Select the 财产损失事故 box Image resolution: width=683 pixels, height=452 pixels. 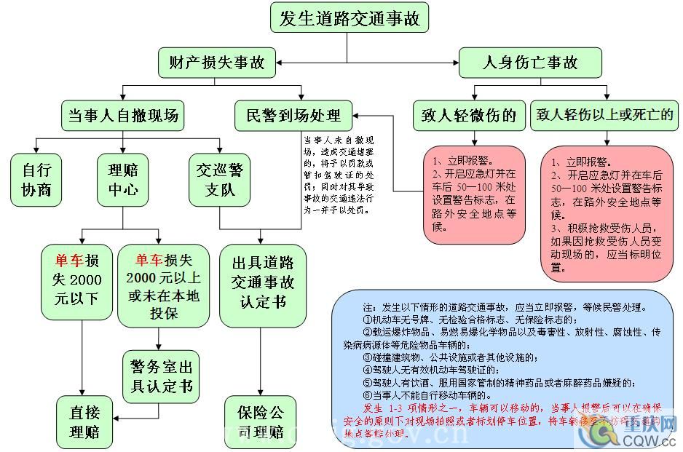(x=217, y=63)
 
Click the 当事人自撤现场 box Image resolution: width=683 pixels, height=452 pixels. (x=122, y=115)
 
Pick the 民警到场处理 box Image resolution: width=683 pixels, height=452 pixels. (x=293, y=115)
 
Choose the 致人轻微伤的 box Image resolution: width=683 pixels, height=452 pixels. (x=468, y=115)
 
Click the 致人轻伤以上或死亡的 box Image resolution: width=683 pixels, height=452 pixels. (x=604, y=115)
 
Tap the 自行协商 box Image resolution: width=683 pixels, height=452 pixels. (x=36, y=180)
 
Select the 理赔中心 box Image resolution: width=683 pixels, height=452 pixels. (x=122, y=180)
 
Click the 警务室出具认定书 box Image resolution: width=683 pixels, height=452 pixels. (x=162, y=376)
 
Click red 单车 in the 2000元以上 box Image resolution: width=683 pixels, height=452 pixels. (x=149, y=261)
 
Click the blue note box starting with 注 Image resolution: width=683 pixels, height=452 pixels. (x=504, y=368)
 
